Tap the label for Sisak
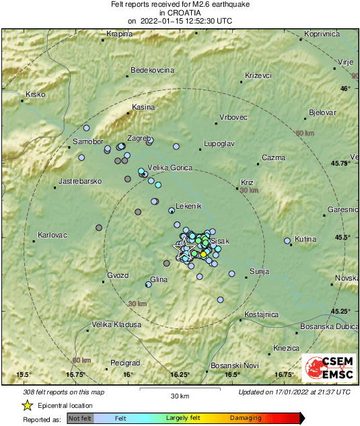(x=220, y=241)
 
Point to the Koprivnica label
(x=320, y=34)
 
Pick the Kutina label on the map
(x=305, y=239)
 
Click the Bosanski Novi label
(x=235, y=365)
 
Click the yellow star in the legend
(x=27, y=405)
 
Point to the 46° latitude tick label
(x=345, y=89)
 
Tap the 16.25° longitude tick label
(x=180, y=374)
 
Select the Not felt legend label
(x=81, y=418)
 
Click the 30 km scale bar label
(x=179, y=395)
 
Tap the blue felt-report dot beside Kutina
(x=287, y=240)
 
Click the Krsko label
(x=35, y=95)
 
